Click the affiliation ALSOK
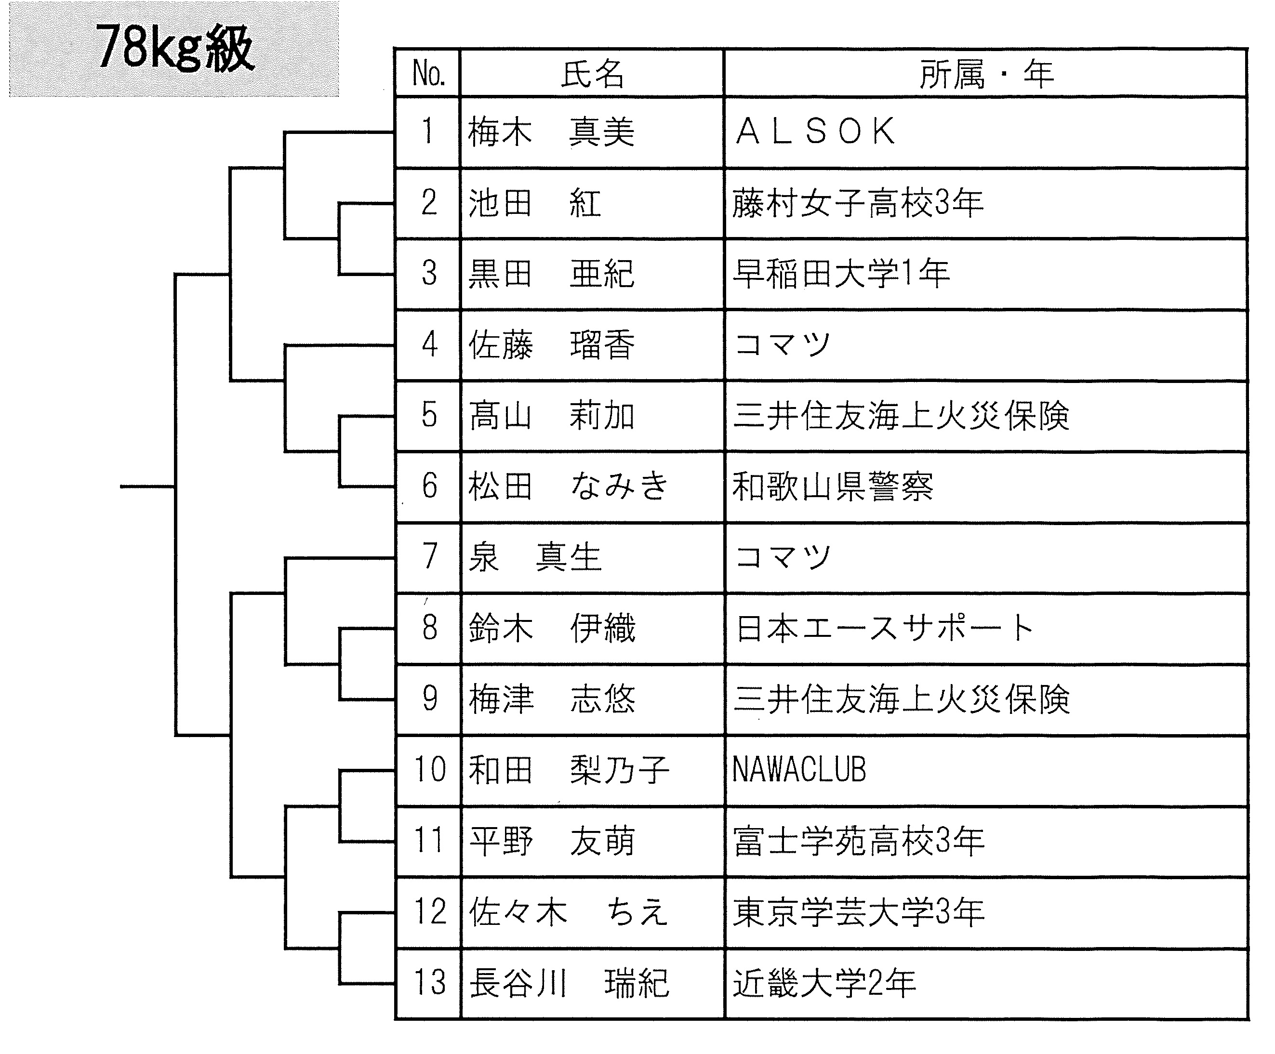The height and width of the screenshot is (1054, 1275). click(x=815, y=132)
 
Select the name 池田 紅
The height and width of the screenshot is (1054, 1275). click(x=534, y=203)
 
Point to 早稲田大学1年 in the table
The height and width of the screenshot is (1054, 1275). click(x=841, y=273)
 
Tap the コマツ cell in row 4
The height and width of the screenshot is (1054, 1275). click(x=782, y=344)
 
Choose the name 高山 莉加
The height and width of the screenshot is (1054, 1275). click(x=551, y=416)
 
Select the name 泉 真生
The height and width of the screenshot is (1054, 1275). click(x=535, y=557)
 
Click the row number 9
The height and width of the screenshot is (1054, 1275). click(x=429, y=698)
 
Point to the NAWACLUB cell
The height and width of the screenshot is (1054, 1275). click(x=799, y=769)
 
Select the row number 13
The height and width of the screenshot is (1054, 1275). click(x=429, y=982)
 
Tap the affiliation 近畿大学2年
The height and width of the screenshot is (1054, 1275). click(x=824, y=982)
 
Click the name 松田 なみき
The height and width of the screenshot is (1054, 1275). click(x=568, y=486)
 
